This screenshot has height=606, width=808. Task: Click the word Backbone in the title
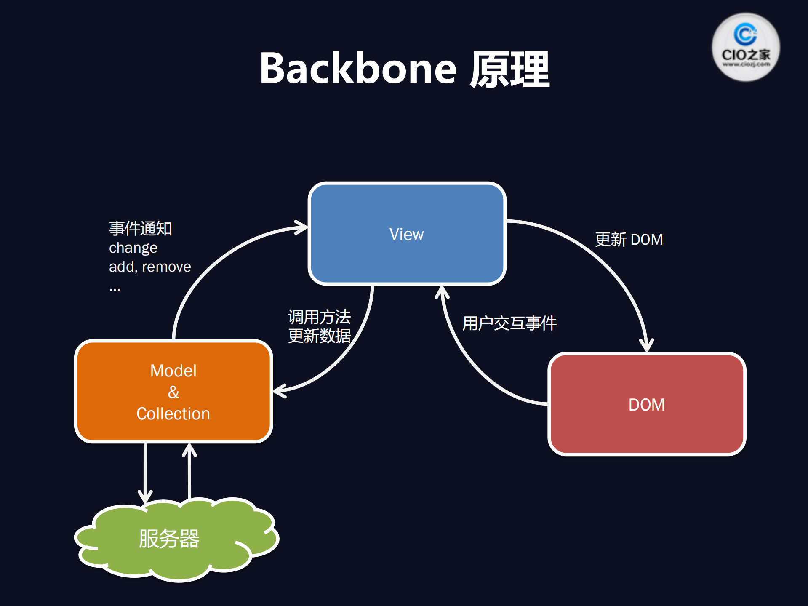pyautogui.click(x=358, y=69)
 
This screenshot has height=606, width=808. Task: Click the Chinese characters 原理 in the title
pyautogui.click(x=509, y=69)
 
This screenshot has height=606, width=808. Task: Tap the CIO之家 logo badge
pyautogui.click(x=745, y=47)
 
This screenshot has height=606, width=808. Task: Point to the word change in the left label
pyautogui.click(x=133, y=248)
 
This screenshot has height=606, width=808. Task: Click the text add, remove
pyautogui.click(x=150, y=267)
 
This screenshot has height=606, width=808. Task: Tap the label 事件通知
pyautogui.click(x=141, y=229)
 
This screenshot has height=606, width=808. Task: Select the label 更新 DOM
pyautogui.click(x=629, y=239)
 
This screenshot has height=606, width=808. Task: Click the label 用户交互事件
pyautogui.click(x=509, y=323)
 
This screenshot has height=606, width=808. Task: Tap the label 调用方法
pyautogui.click(x=319, y=317)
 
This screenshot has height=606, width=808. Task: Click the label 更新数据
pyautogui.click(x=319, y=336)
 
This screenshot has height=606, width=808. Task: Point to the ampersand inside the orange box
pyautogui.click(x=173, y=392)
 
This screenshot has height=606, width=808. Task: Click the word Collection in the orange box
pyautogui.click(x=173, y=414)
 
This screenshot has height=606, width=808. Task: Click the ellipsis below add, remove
pyautogui.click(x=115, y=289)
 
